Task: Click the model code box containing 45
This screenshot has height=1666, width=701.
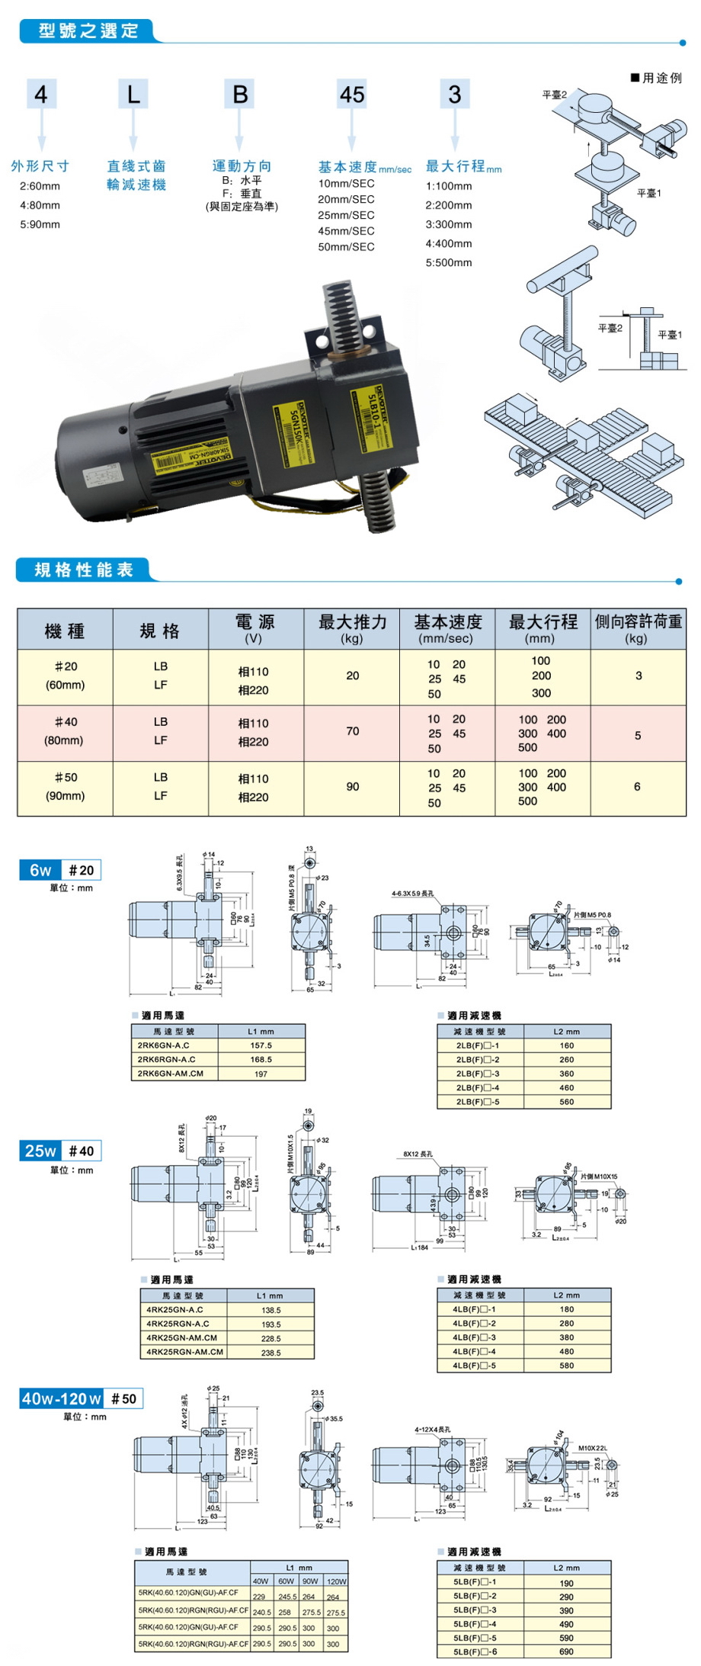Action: pyautogui.click(x=352, y=95)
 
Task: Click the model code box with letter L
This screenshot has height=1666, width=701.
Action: pyautogui.click(x=133, y=95)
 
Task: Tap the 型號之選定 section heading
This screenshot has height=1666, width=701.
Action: pyautogui.click(x=88, y=31)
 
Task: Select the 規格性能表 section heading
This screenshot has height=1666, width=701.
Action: pyautogui.click(x=84, y=570)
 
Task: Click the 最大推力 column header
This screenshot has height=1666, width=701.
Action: pyautogui.click(x=352, y=629)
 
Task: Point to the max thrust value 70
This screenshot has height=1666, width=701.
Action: pyautogui.click(x=352, y=731)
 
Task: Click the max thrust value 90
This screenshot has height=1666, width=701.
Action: pyautogui.click(x=352, y=787)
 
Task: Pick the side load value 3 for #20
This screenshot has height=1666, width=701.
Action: pyautogui.click(x=639, y=676)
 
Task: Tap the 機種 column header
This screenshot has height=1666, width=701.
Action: pyautogui.click(x=65, y=631)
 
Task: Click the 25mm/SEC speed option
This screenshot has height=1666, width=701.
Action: pyautogui.click(x=346, y=215)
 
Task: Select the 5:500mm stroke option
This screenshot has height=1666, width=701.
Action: pyautogui.click(x=449, y=262)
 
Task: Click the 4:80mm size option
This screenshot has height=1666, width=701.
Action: pyautogui.click(x=40, y=205)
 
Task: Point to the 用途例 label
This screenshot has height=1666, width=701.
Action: pyautogui.click(x=657, y=78)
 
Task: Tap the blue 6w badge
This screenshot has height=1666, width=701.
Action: pyautogui.click(x=40, y=870)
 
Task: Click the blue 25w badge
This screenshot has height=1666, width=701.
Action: pyautogui.click(x=40, y=1151)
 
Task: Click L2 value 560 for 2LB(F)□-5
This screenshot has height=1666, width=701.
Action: pyautogui.click(x=567, y=1102)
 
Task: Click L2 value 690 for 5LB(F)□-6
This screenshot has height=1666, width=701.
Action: pyautogui.click(x=566, y=1652)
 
